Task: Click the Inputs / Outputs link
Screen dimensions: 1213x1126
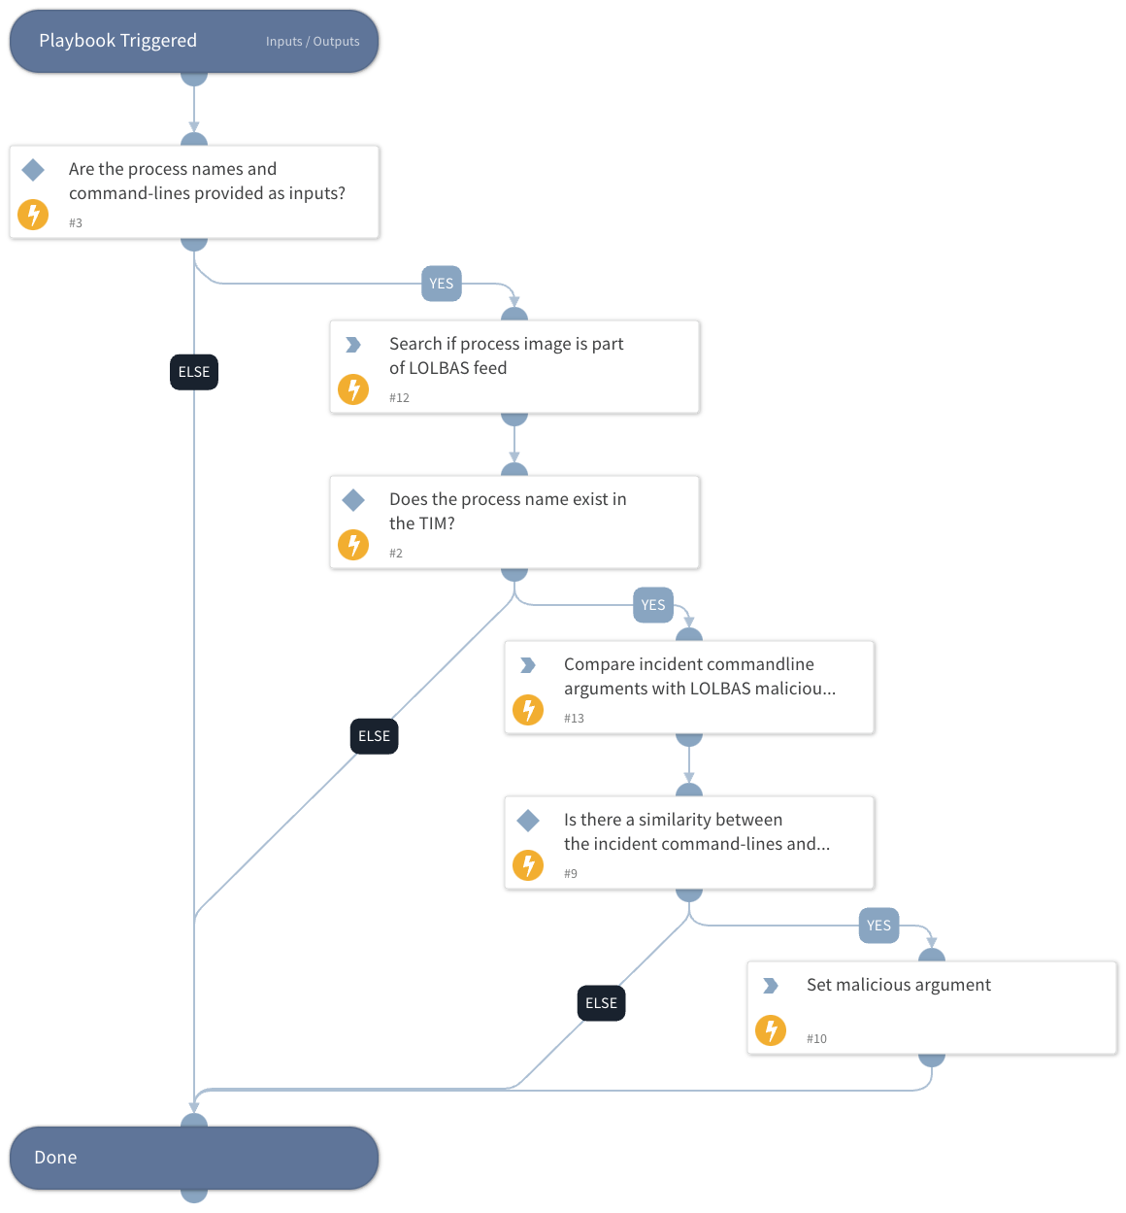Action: coord(313,42)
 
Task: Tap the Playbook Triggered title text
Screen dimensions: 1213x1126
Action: coord(117,41)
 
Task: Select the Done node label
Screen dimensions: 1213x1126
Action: coord(55,1158)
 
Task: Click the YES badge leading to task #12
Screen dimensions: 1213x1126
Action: coord(441,284)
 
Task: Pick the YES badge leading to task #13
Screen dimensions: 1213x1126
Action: coord(652,605)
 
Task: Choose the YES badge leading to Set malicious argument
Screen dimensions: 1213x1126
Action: coord(878,926)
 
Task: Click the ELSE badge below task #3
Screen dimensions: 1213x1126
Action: coord(194,372)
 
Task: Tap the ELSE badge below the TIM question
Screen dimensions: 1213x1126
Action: coord(374,736)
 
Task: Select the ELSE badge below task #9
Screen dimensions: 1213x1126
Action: coord(601,1003)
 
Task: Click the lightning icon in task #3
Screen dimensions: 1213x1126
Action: coord(33,214)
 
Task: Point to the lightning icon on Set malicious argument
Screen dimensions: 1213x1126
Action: coord(771,1029)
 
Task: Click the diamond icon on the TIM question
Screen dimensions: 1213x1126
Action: coord(353,500)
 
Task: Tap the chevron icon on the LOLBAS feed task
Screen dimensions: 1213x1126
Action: coord(353,345)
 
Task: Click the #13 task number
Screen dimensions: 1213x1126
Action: coord(574,719)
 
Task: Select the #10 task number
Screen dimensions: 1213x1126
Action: coord(816,1039)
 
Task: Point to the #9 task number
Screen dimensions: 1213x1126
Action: coord(571,874)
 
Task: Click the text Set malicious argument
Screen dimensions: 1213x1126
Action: coord(898,985)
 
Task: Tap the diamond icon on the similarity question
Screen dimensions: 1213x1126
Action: coord(528,821)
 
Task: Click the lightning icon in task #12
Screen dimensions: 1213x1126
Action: coord(353,389)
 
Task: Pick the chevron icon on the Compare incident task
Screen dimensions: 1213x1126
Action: coord(528,665)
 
